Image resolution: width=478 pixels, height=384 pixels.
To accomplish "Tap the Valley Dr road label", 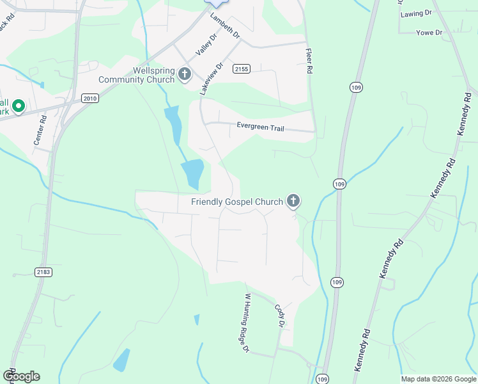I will (x=206, y=45).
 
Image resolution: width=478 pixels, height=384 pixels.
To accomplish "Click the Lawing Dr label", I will (x=412, y=14).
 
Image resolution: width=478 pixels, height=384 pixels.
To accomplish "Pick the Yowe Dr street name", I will (x=429, y=33).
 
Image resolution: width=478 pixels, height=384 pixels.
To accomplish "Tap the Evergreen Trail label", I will (x=260, y=127).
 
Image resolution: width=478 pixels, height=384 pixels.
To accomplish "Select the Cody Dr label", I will (x=279, y=315).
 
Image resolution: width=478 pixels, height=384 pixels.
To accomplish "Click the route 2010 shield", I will (x=89, y=98).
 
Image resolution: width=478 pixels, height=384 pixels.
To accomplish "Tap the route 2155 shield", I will (x=241, y=68).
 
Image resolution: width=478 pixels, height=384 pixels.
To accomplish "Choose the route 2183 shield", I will (x=43, y=272).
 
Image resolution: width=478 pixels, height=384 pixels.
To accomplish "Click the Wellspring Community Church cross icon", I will (x=185, y=74).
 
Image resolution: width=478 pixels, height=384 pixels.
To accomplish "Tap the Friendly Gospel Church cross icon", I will (x=293, y=202).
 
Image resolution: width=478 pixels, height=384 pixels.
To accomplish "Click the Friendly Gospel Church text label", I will (x=237, y=202).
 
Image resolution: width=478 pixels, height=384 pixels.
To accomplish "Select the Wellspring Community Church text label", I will (x=136, y=75).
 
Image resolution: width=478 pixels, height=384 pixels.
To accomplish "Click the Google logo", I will (x=21, y=376).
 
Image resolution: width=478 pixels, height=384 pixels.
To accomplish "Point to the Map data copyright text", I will (x=438, y=379).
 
